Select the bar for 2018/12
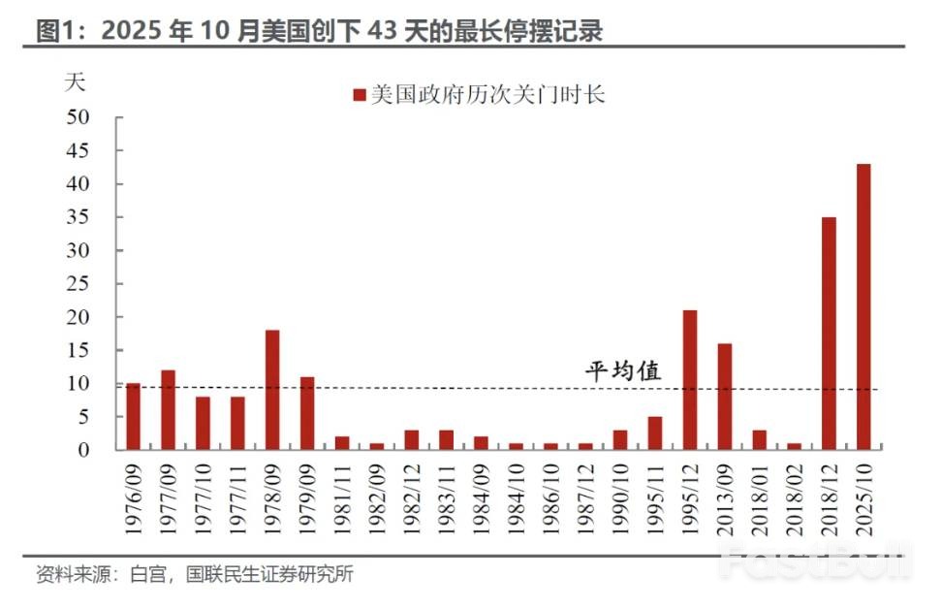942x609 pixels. click(x=829, y=334)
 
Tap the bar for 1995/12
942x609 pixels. click(x=689, y=380)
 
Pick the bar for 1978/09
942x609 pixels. click(x=272, y=390)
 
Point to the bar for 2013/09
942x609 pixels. click(x=724, y=397)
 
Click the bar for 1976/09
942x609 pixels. click(x=133, y=417)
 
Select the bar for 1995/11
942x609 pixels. click(x=654, y=433)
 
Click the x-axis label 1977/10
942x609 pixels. click(x=204, y=497)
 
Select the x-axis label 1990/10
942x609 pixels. click(x=620, y=497)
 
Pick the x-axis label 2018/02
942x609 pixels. click(x=794, y=497)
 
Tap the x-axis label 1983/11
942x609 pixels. click(x=447, y=497)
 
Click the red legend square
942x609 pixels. click(x=359, y=95)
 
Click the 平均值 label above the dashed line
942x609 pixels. click(x=623, y=370)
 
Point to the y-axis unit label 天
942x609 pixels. click(x=74, y=81)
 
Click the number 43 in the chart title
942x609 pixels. click(x=383, y=31)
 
